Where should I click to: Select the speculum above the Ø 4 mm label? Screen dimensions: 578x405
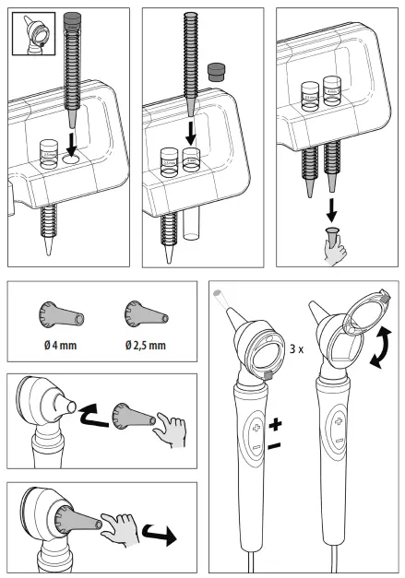(x=60, y=315)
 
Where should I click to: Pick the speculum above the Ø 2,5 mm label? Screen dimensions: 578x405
(x=144, y=315)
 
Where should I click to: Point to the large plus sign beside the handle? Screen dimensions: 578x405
(x=274, y=428)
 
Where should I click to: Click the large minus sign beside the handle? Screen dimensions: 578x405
(x=273, y=446)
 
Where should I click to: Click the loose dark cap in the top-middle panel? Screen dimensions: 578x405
(x=218, y=72)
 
